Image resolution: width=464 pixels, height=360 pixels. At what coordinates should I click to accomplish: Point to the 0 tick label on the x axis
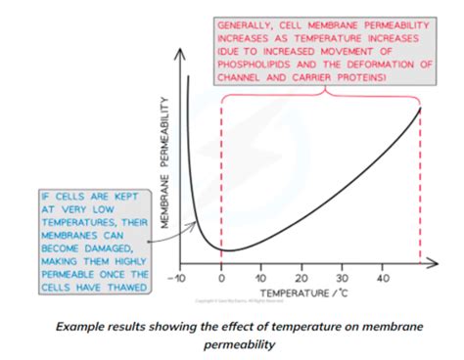(x=222, y=278)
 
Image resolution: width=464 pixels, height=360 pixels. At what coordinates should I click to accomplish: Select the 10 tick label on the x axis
(x=261, y=278)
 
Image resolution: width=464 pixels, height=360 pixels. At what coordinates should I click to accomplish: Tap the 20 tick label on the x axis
(x=303, y=278)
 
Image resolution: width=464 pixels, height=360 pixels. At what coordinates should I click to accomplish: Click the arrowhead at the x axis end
(x=437, y=265)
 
